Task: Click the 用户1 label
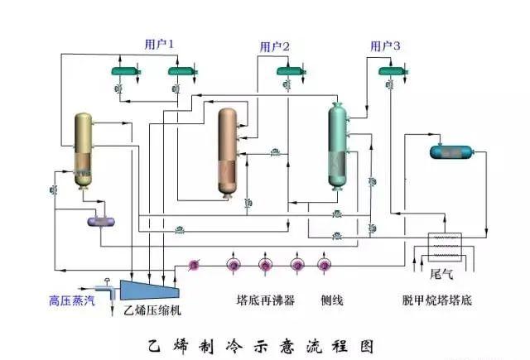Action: [x=159, y=43]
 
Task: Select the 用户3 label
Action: [x=385, y=46]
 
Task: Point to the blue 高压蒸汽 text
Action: [x=72, y=301]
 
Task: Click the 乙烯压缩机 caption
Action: [x=152, y=310]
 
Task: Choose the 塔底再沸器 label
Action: [x=265, y=301]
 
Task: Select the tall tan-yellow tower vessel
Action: [x=83, y=150]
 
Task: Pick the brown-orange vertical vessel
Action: [x=228, y=151]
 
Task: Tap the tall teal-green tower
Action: [x=336, y=146]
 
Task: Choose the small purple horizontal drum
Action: [x=102, y=221]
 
